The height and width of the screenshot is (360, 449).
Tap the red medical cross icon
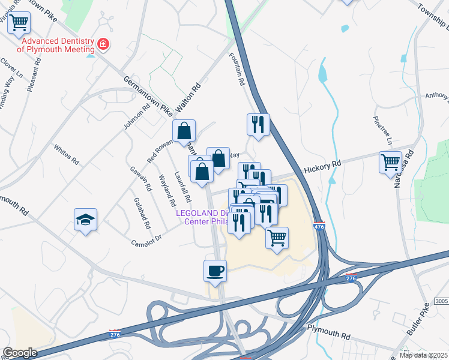click(103, 44)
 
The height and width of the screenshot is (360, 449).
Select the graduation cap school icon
click(85, 220)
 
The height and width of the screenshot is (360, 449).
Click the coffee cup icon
click(215, 271)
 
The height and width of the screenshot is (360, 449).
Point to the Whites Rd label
click(66, 155)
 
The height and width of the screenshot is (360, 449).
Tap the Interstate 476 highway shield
click(319, 227)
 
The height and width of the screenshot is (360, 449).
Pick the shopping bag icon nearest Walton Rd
click(184, 130)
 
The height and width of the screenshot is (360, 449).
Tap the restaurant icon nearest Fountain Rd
click(258, 124)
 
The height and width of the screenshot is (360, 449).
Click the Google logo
click(20, 353)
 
